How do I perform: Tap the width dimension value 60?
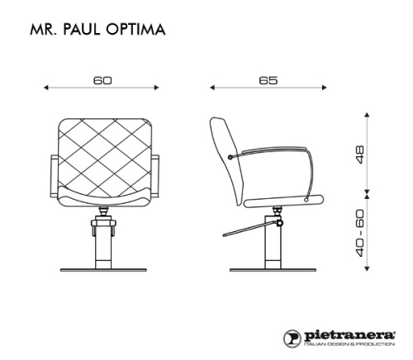[x=103, y=81]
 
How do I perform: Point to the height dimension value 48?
[x=360, y=154]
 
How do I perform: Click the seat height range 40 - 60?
[x=360, y=233]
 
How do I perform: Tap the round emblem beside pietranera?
[x=292, y=339]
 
